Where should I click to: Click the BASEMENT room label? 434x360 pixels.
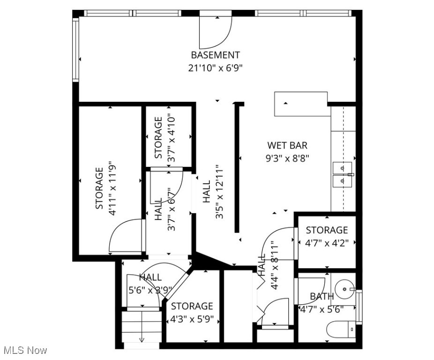coord(215,55)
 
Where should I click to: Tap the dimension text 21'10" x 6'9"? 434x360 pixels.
coord(215,68)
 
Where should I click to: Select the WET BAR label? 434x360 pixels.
coord(287,145)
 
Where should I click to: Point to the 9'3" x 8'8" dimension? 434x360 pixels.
coord(287,158)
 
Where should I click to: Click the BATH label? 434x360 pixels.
coord(322,296)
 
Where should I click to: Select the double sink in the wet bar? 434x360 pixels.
coord(343,173)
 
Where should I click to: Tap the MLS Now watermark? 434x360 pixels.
coord(25,350)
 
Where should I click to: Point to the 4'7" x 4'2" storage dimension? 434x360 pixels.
coord(327,243)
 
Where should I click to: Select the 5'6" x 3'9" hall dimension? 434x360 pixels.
coord(150,290)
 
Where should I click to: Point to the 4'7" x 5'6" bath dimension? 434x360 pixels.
coord(322,309)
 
